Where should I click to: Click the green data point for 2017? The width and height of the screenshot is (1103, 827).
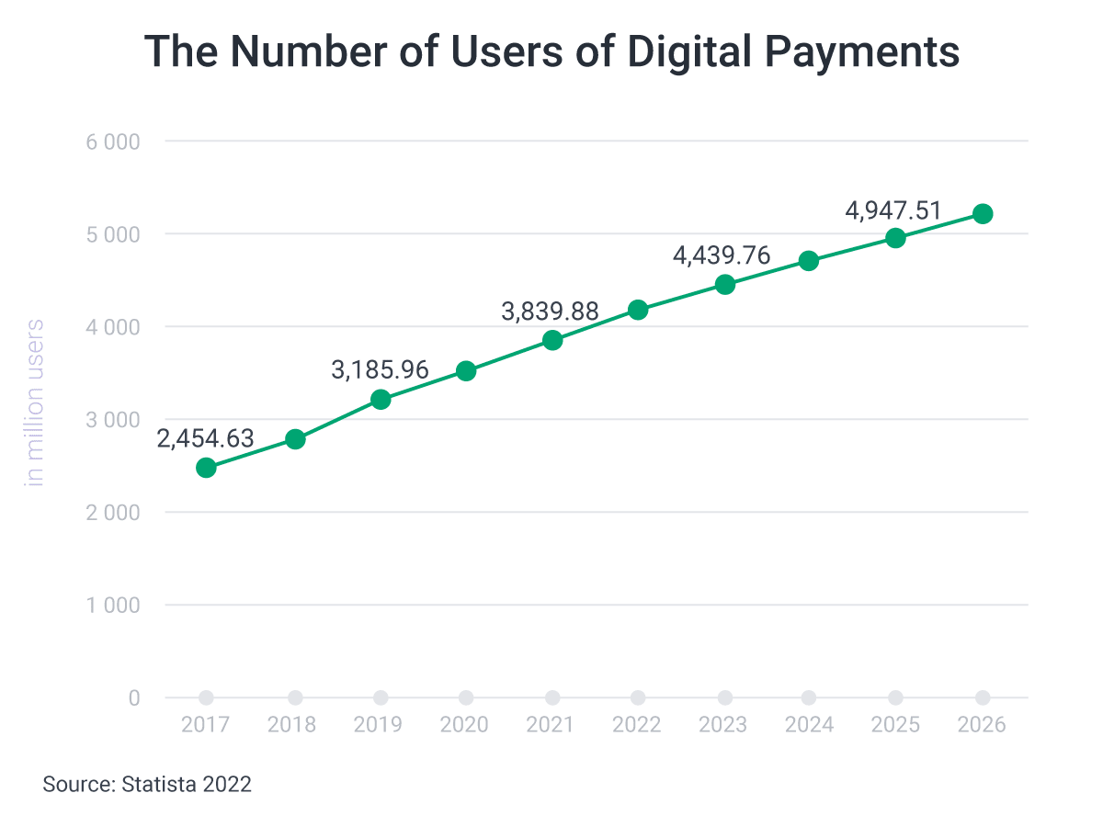(206, 468)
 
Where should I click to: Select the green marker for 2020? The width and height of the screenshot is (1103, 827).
(466, 371)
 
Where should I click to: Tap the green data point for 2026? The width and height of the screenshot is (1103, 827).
(983, 214)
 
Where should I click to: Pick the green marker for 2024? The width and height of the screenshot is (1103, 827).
(809, 261)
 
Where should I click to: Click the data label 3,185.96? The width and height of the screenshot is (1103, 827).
(380, 369)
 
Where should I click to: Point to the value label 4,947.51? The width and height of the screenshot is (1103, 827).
(893, 210)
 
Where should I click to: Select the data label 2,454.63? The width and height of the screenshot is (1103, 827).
(205, 439)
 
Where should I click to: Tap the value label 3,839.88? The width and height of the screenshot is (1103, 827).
(550, 312)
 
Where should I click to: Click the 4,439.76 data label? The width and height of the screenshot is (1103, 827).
(722, 255)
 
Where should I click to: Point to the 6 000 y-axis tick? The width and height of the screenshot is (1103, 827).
(114, 142)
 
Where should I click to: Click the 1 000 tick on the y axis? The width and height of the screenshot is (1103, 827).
(114, 606)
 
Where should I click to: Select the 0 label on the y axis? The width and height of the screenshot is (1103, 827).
(134, 698)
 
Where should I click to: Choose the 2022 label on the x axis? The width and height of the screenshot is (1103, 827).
(637, 725)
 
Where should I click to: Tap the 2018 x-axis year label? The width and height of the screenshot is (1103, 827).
(291, 725)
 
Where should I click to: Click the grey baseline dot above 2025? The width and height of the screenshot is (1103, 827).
(895, 697)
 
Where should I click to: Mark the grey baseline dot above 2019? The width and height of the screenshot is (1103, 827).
(381, 697)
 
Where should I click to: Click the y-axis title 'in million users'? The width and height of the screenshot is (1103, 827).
(35, 402)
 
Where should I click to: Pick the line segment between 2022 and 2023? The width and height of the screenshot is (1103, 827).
(681, 298)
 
